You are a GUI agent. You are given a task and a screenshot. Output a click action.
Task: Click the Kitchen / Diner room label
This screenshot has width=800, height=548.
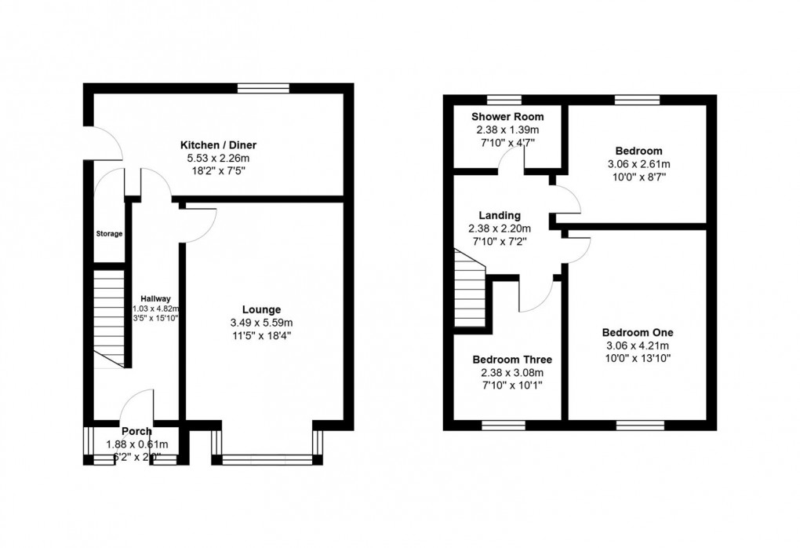(219, 145)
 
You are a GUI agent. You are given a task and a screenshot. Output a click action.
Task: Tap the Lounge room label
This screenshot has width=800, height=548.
(262, 309)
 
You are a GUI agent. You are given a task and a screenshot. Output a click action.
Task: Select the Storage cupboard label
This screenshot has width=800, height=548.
(109, 234)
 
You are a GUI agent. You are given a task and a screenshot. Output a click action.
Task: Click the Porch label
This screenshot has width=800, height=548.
(136, 431)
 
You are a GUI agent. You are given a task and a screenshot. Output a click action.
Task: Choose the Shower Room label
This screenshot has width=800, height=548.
(507, 116)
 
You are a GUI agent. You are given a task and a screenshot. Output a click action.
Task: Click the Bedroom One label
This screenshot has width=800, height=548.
(638, 332)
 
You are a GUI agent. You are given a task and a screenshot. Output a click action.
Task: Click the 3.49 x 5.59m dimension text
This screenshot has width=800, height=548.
(262, 323)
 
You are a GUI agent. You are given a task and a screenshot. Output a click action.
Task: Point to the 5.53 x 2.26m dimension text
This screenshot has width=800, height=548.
(219, 159)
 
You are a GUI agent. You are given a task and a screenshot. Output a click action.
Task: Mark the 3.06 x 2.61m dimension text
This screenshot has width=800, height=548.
(638, 164)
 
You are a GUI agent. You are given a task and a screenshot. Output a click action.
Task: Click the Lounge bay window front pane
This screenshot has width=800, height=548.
(267, 461)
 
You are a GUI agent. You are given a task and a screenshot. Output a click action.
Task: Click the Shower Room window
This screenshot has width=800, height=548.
(504, 100)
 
